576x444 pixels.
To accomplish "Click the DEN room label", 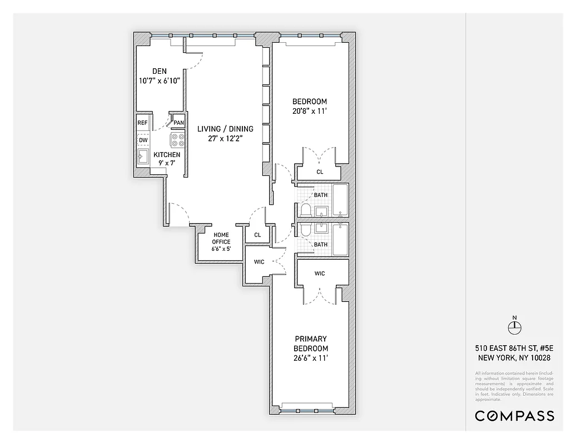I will (160, 71).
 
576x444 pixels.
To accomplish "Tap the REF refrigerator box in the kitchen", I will (143, 123).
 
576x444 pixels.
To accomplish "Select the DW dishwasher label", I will (143, 140).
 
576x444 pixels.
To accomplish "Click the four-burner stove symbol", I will (178, 139).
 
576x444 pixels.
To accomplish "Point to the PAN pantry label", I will (178, 123).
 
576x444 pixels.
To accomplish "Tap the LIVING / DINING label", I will (225, 129).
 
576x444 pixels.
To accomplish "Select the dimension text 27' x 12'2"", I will (225, 139).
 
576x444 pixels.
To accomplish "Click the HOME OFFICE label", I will (221, 238).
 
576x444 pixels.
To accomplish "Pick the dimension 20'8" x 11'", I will (310, 112).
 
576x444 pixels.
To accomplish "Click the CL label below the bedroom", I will (320, 172).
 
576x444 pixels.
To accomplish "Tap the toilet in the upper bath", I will (305, 209).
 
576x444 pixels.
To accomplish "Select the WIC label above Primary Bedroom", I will (320, 273).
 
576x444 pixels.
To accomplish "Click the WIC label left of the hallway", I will (259, 262).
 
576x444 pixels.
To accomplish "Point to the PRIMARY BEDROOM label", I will (311, 344).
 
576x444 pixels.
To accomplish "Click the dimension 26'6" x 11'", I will (311, 358).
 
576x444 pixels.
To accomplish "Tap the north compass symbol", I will (514, 326).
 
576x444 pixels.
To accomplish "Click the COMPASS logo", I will (514, 416).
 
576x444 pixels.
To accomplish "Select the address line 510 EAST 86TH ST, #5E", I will (514, 348).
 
